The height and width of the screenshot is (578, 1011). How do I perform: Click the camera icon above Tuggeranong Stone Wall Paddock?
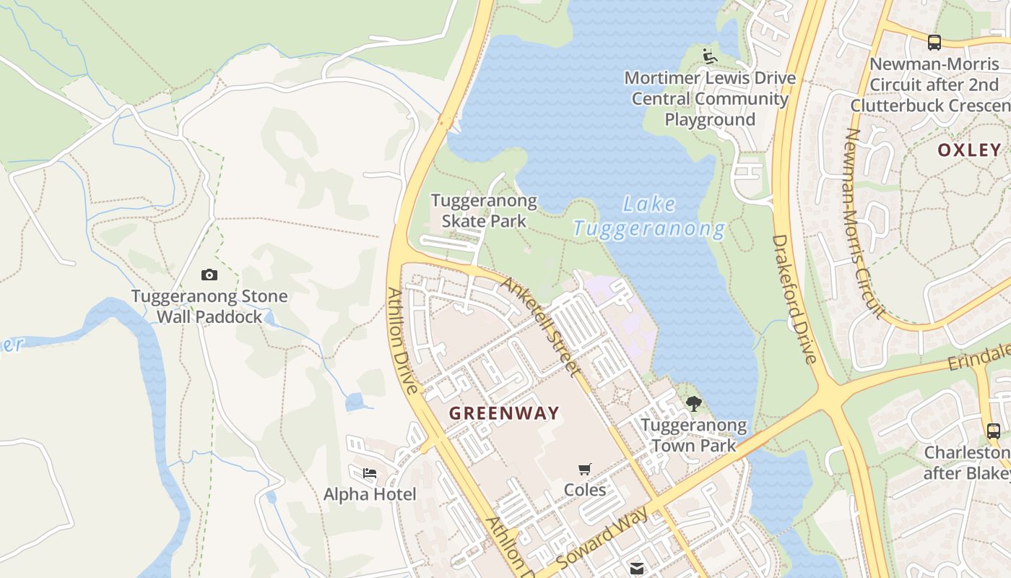tap(209, 275)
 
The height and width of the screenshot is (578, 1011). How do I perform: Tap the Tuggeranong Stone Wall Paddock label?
tap(209, 306)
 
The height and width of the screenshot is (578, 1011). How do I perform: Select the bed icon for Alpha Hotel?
tap(370, 474)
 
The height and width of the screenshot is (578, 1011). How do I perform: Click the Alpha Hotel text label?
tap(370, 495)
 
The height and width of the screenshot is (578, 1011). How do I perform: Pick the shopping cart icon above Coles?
tap(585, 470)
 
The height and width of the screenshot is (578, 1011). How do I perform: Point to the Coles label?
tap(585, 490)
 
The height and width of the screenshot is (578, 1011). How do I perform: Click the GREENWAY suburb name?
tap(504, 413)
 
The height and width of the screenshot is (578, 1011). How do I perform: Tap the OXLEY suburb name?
tap(969, 150)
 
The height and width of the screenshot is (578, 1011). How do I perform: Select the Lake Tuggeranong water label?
tap(648, 217)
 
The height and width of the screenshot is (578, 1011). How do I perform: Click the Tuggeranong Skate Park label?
tap(484, 211)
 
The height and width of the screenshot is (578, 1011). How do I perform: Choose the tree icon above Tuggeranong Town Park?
tap(694, 404)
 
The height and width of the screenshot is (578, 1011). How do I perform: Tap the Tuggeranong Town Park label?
tap(694, 435)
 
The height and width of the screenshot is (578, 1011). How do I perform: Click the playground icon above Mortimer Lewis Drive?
tap(709, 56)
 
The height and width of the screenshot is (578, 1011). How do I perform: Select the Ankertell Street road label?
tap(542, 327)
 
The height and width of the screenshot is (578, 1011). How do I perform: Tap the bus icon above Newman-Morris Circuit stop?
tap(934, 42)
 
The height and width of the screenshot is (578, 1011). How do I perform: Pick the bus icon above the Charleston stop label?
tap(993, 431)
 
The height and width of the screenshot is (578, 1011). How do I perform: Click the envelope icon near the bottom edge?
tap(636, 569)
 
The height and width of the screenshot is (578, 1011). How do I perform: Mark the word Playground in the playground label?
tap(710, 120)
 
